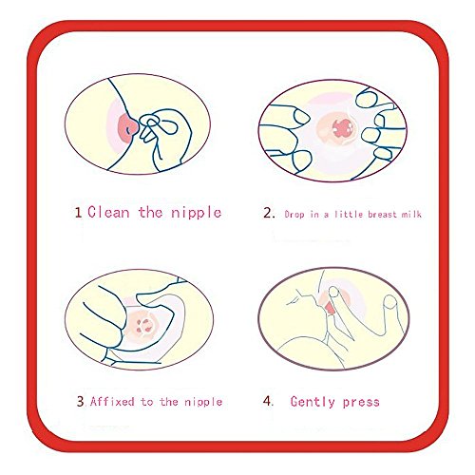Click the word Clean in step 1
[x=108, y=212]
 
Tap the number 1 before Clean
[x=78, y=212]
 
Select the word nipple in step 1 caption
[x=196, y=213]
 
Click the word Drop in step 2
[x=294, y=215]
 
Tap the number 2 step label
[x=269, y=213]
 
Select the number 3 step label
[x=81, y=401]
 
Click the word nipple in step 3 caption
[x=203, y=403]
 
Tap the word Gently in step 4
[x=313, y=402]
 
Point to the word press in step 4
[x=361, y=403]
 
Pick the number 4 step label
[x=268, y=401]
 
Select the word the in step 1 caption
[x=150, y=212]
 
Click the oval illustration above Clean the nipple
[x=138, y=124]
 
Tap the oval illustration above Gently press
[x=333, y=318]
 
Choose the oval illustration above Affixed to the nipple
[x=140, y=320]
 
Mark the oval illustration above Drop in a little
[x=332, y=130]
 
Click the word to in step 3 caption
[x=147, y=402]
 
